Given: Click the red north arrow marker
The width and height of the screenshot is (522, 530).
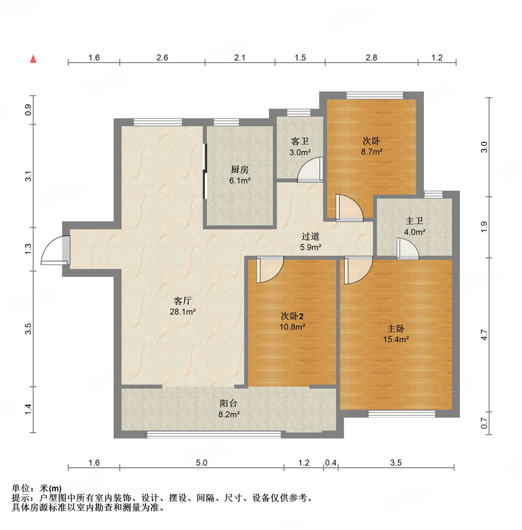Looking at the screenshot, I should (x=33, y=59).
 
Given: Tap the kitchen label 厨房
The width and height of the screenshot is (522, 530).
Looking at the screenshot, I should (x=240, y=170).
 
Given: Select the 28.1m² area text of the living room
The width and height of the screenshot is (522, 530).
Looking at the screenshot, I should (x=183, y=312).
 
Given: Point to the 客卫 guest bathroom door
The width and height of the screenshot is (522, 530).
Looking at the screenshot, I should (x=310, y=170).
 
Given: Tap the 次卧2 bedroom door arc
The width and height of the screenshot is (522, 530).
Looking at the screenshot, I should (x=270, y=269).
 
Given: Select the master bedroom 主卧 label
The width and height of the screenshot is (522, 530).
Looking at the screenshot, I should (x=395, y=328).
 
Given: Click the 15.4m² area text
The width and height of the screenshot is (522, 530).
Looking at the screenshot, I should (x=396, y=339).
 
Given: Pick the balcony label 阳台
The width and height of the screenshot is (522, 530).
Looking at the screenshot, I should (x=228, y=403).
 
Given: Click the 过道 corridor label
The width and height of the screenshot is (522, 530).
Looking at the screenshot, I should (x=310, y=236).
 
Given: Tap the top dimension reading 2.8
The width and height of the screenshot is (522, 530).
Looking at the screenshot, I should (x=371, y=58).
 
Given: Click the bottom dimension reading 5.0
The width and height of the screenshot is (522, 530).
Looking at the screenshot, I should (x=202, y=463).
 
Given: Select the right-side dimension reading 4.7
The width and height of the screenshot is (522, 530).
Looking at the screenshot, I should (x=484, y=334).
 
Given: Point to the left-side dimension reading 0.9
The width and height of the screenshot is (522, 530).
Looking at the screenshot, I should (x=28, y=110).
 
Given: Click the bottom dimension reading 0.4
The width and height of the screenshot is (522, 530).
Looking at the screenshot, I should (x=330, y=463).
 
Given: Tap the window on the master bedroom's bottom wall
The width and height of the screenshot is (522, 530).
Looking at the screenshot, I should (x=401, y=414).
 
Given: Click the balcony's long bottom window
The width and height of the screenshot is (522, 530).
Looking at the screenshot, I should (x=214, y=435).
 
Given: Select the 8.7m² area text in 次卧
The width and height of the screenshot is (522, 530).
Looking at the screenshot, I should (x=371, y=152).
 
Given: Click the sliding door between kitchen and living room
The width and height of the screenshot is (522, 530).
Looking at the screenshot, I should (x=205, y=171).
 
